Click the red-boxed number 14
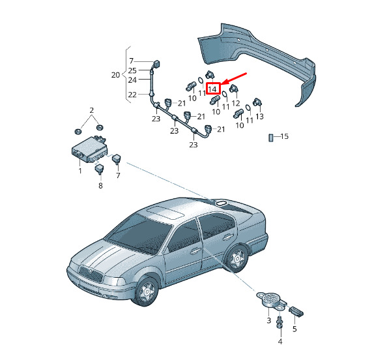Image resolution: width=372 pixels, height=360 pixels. tap(212, 89)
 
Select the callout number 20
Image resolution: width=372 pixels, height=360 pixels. tap(115, 75)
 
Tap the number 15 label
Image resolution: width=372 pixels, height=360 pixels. tap(285, 136)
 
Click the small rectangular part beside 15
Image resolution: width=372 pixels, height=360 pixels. tap(271, 138)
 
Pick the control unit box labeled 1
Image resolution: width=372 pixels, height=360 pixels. tap(89, 149)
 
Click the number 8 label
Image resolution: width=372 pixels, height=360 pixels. tap(100, 185)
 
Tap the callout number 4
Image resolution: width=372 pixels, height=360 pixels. tap(280, 342)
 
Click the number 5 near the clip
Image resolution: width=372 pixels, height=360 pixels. tap(294, 329)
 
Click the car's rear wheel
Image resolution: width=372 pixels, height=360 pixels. tap(236, 259)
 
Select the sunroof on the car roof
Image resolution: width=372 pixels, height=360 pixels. tap(165, 213)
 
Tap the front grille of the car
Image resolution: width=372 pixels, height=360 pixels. tap(91, 274)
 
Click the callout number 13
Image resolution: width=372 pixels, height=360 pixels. tap(259, 116)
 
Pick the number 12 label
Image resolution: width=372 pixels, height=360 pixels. tap(236, 103)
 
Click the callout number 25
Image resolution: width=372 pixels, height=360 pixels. tap(132, 70)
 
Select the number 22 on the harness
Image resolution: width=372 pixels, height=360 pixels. tap(132, 95)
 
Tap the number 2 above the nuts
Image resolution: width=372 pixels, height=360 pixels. tap(92, 110)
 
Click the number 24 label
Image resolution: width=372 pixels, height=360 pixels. tap(132, 80)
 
